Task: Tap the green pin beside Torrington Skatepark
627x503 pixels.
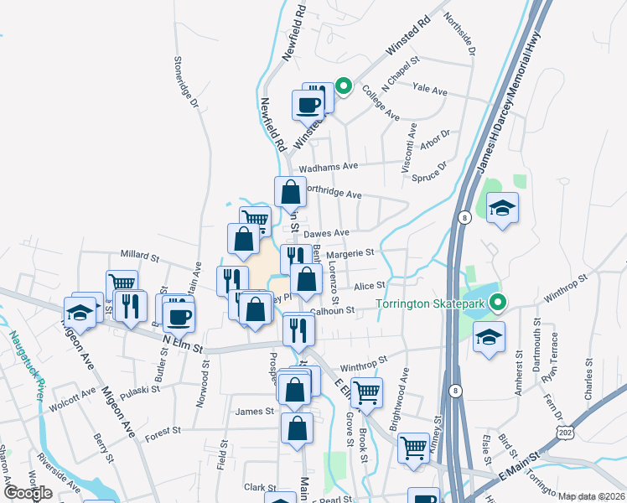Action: tap(499, 303)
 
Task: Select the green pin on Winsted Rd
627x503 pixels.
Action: tap(343, 86)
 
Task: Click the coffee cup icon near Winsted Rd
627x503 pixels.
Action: tap(307, 105)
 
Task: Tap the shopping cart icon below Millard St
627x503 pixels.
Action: tap(122, 284)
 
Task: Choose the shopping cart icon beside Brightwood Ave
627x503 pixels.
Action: tap(366, 391)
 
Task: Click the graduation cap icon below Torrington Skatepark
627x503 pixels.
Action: tap(489, 338)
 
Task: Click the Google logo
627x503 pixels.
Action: tap(28, 492)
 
